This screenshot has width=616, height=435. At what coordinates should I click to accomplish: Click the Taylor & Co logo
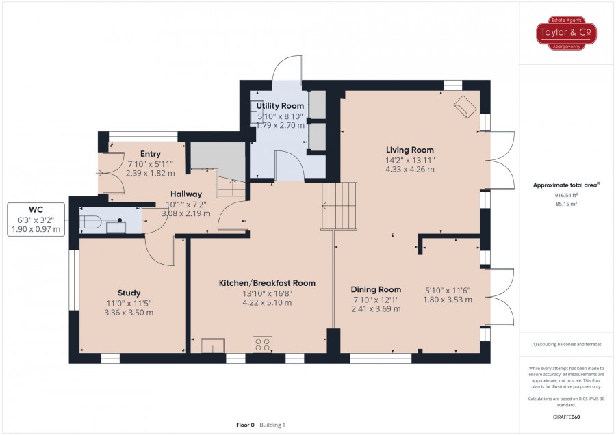tap(566, 33)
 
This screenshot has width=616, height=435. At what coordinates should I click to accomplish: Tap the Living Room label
tap(410, 150)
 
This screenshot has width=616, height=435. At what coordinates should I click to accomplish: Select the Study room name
tap(129, 293)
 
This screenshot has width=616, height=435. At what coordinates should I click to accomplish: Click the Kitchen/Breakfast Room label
tap(267, 283)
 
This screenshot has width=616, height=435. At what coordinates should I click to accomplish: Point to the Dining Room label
tap(376, 289)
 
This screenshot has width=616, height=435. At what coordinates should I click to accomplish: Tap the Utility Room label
tap(280, 105)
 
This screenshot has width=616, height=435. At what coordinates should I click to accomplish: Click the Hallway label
tap(186, 194)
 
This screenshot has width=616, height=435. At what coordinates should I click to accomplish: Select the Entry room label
tap(151, 154)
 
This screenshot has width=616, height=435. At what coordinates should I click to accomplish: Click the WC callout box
tap(36, 220)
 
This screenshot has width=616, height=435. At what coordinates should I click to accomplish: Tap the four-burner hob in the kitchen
tap(263, 344)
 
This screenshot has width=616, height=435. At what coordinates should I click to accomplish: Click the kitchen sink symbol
tap(213, 345)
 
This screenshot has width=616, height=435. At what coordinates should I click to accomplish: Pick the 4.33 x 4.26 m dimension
tap(410, 170)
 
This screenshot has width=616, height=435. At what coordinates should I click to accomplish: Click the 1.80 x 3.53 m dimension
tap(448, 300)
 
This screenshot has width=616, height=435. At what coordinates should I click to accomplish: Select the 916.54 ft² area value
tap(566, 195)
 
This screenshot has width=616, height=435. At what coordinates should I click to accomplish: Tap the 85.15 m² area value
tap(566, 204)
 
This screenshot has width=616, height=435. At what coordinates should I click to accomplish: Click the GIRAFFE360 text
tap(566, 417)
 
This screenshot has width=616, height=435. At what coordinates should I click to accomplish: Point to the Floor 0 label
tap(245, 425)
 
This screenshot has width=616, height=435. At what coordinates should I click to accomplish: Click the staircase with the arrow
tap(339, 205)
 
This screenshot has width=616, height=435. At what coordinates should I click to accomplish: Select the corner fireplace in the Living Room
tap(465, 107)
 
